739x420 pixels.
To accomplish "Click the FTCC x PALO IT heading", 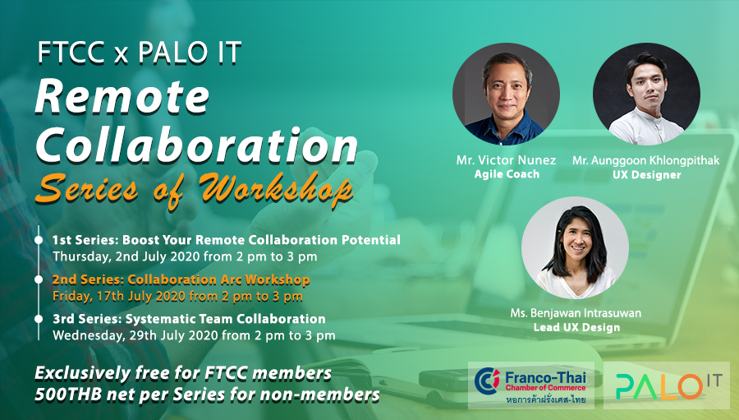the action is coord(140,53).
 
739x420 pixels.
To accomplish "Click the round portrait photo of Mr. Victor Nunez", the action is coord(506,94).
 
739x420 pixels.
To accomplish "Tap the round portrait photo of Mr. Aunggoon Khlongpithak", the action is coord(646,94).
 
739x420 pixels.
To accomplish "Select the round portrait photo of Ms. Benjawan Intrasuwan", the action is coord(575,247).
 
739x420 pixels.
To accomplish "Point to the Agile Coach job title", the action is coord(507,174).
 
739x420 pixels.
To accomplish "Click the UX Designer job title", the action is coord(647,174).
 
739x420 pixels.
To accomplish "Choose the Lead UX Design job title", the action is coord(576,327).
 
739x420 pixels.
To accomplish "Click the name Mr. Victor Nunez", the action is coord(506,160).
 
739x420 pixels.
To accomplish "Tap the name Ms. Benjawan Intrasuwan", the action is coord(576,313).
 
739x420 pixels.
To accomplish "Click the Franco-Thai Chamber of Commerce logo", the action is coord(530,385).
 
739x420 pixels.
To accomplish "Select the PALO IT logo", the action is coord(667,385).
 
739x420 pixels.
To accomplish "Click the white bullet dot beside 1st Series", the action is coord(39,240).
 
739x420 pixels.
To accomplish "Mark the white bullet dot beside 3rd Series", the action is coord(39,319).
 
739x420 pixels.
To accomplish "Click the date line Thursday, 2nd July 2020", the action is coord(184,256).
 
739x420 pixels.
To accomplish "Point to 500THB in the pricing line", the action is coord(68,395).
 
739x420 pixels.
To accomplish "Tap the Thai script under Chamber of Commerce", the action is coord(546,400).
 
